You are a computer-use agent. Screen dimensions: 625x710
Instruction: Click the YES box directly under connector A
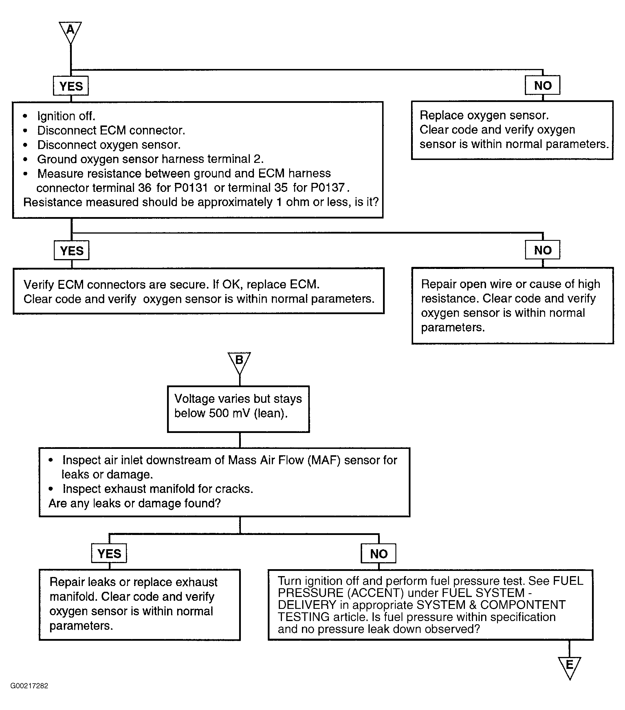[71, 86]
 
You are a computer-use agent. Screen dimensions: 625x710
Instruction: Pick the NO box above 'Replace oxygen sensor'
[542, 85]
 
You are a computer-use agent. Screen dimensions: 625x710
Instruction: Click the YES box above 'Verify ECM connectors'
[72, 250]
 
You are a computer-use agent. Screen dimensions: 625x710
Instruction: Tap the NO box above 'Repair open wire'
[542, 250]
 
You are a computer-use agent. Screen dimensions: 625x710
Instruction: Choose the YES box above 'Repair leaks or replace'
[109, 553]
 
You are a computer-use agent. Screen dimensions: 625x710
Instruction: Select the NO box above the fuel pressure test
[378, 553]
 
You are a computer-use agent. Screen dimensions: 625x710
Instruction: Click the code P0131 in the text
[191, 187]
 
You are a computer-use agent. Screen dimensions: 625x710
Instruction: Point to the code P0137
[327, 187]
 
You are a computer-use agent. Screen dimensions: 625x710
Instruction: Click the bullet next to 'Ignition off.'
[25, 116]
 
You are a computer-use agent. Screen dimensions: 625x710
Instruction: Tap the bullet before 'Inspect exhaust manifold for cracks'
[51, 489]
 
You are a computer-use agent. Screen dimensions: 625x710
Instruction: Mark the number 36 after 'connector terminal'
[145, 187]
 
